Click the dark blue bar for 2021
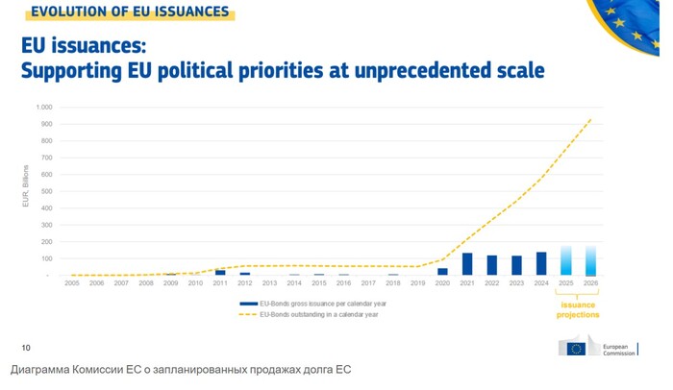click(x=467, y=264)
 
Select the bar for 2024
click(x=541, y=264)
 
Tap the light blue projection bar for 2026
click(x=590, y=261)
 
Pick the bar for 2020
click(x=442, y=272)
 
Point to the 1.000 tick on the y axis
click(x=44, y=107)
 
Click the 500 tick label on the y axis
click(x=46, y=191)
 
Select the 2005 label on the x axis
click(x=72, y=283)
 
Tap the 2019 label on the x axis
click(x=417, y=283)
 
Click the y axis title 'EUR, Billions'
click(x=26, y=186)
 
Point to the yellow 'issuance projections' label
click(x=578, y=309)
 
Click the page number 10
click(x=26, y=347)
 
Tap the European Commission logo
click(x=597, y=348)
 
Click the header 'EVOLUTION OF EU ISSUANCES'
click(x=129, y=12)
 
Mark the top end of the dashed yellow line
click(x=590, y=119)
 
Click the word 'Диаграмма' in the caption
click(x=48, y=370)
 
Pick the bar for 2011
click(x=220, y=273)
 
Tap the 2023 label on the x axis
click(x=516, y=283)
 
